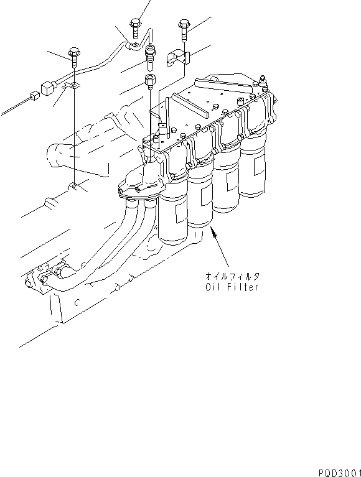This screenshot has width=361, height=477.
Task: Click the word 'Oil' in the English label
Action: pos(213,287)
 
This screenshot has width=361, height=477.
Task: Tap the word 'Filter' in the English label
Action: pos(241,287)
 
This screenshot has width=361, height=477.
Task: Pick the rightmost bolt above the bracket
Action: pos(182,24)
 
